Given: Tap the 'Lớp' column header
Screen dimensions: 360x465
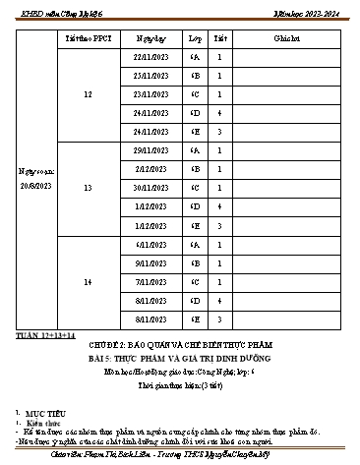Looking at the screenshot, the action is [x=195, y=37].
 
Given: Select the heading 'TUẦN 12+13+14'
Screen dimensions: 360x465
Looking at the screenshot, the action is [x=46, y=336].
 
